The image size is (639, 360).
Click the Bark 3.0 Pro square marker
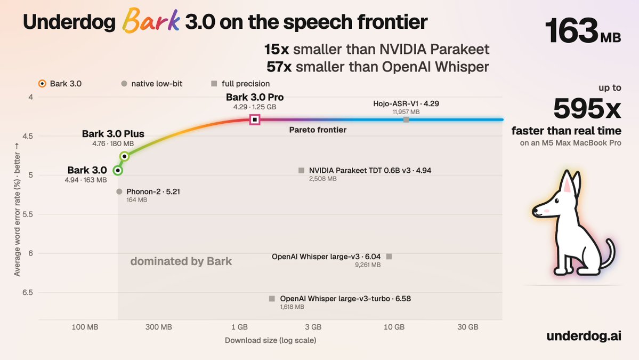coord(255,119)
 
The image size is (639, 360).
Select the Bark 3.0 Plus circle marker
coord(125,156)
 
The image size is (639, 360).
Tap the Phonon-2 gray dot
coord(119,191)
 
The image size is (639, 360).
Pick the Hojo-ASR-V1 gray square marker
coord(406,119)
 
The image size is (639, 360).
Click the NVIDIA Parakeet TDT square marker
coord(301,171)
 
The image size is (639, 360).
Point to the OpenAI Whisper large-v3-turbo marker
coord(272,299)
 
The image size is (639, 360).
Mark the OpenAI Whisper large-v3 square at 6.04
coord(389,257)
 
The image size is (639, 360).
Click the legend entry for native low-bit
coord(152,84)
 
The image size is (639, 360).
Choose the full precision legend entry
coord(240,84)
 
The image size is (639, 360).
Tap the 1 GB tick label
coord(240,327)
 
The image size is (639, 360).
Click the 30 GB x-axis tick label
coord(468,327)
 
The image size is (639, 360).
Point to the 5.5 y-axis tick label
coord(28,214)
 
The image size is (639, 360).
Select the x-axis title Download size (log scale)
coord(271,340)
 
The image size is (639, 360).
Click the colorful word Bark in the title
coord(151,21)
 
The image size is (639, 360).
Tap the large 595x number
coord(587,108)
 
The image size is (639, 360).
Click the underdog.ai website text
coord(584,335)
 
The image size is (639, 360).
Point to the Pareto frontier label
coord(318,130)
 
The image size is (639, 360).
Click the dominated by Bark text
coord(181,261)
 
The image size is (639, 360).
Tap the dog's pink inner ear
coord(568,185)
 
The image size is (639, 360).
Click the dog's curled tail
coord(609,253)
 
